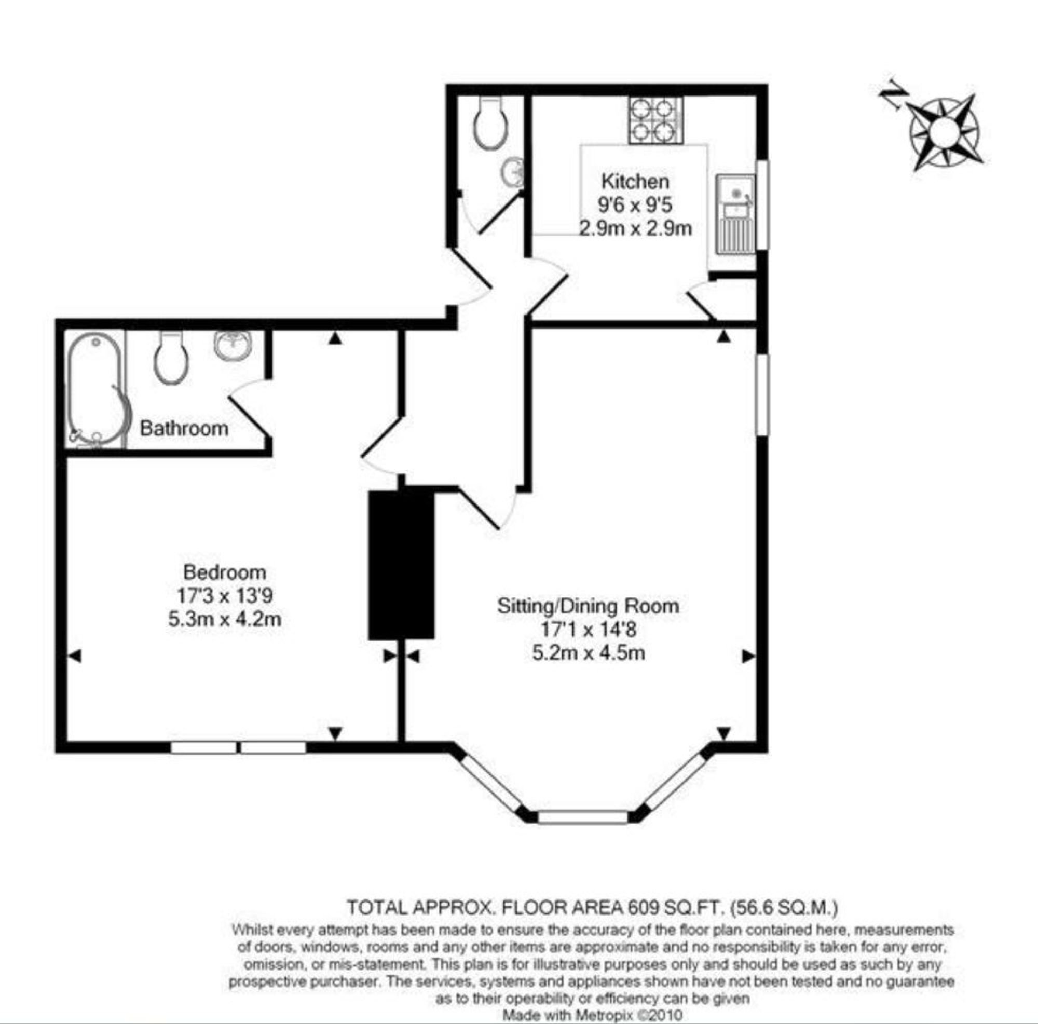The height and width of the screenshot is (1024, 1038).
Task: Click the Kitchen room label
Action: pyautogui.click(x=636, y=181)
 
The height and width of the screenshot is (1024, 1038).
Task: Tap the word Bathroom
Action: pyautogui.click(x=184, y=429)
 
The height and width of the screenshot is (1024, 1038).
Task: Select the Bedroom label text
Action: pyautogui.click(x=225, y=572)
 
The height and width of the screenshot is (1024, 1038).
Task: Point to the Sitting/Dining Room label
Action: pyautogui.click(x=588, y=606)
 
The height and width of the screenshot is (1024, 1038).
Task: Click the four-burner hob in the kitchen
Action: pyautogui.click(x=656, y=120)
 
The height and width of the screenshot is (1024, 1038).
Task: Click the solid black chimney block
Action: pyautogui.click(x=401, y=565)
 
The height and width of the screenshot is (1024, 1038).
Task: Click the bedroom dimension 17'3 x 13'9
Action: pyautogui.click(x=225, y=596)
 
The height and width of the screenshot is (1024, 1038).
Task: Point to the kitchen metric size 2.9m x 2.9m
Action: pyautogui.click(x=635, y=229)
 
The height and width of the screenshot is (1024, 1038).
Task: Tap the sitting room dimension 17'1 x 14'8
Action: pyautogui.click(x=589, y=629)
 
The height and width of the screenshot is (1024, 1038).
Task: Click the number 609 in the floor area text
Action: pyautogui.click(x=642, y=907)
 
